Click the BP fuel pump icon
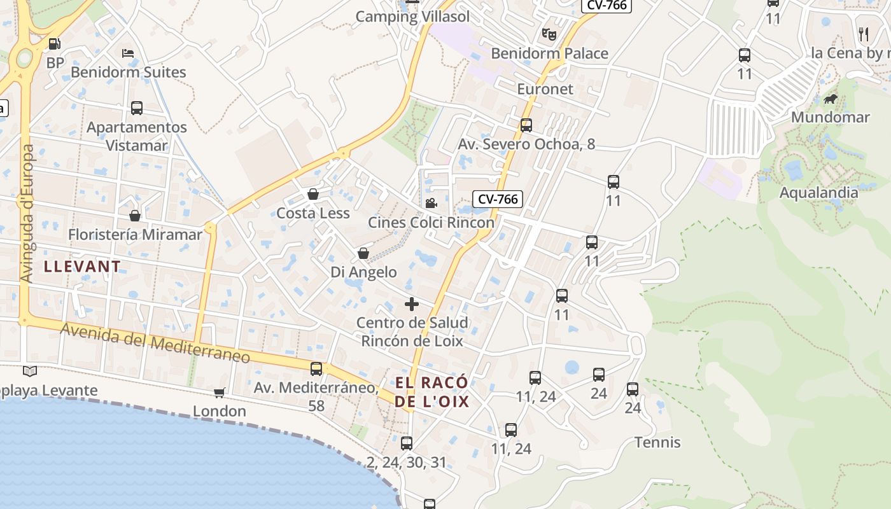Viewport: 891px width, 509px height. pyautogui.click(x=55, y=44)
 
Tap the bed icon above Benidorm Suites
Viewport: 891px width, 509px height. pyautogui.click(x=128, y=53)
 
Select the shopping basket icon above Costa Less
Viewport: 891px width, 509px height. pyautogui.click(x=313, y=194)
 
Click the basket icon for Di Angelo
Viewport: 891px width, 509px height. pyautogui.click(x=363, y=253)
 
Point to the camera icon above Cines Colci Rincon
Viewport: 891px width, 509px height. pyautogui.click(x=431, y=203)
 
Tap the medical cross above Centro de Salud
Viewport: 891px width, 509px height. pyautogui.click(x=412, y=303)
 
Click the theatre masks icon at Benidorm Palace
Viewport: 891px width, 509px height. pyautogui.click(x=549, y=34)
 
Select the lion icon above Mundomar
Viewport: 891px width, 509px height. pyautogui.click(x=830, y=99)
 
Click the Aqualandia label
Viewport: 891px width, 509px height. pyautogui.click(x=818, y=192)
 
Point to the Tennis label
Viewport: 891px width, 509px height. pyautogui.click(x=657, y=442)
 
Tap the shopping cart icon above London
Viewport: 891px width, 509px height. pyautogui.click(x=220, y=393)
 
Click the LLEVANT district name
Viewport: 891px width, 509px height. pyautogui.click(x=82, y=267)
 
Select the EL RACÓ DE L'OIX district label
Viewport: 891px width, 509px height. pyautogui.click(x=432, y=392)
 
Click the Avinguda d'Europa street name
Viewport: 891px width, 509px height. pyautogui.click(x=27, y=214)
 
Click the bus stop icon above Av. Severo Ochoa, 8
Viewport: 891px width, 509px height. pyautogui.click(x=526, y=125)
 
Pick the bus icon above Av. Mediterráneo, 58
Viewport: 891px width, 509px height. pyautogui.click(x=316, y=368)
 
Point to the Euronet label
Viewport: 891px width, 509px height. pyautogui.click(x=545, y=88)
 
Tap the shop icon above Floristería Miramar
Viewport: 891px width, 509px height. pyautogui.click(x=134, y=216)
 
